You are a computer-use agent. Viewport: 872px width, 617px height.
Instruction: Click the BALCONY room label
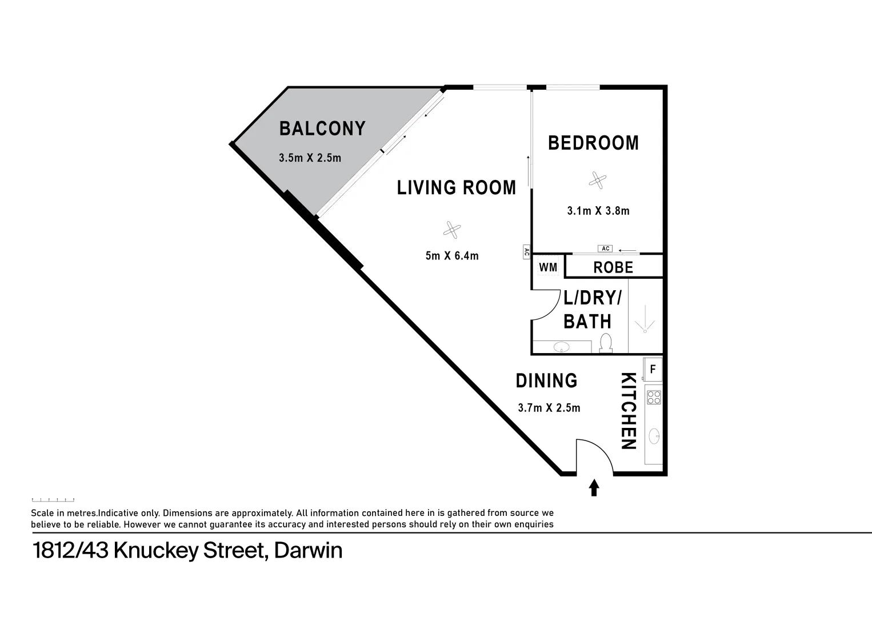(322, 129)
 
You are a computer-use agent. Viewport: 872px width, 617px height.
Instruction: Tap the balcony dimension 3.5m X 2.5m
(310, 158)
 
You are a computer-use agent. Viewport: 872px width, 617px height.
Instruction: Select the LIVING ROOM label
(456, 188)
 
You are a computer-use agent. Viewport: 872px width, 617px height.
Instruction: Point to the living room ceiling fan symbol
(451, 230)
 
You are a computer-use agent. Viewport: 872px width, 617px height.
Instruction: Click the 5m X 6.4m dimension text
(451, 256)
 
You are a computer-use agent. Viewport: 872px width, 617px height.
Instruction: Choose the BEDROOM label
(593, 143)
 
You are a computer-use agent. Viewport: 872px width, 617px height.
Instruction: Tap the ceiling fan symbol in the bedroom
(597, 181)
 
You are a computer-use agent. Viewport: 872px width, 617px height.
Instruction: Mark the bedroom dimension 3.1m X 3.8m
(598, 211)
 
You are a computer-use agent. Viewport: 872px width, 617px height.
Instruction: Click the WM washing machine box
(548, 267)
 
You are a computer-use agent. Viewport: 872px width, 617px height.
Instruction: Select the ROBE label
(613, 267)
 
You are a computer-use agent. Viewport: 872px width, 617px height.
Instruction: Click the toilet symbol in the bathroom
(606, 343)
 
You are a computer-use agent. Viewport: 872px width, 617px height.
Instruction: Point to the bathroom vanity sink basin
(562, 347)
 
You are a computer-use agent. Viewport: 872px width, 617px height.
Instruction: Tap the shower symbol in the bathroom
(645, 319)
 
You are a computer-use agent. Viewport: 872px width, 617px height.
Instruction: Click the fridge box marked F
(653, 370)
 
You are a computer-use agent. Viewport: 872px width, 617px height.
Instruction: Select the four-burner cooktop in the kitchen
(653, 397)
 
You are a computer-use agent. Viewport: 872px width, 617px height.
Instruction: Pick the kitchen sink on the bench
(654, 436)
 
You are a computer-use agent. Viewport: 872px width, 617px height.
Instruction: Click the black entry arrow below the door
(594, 487)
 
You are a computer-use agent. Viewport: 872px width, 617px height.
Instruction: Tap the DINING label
(546, 381)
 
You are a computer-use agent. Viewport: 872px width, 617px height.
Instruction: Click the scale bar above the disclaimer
(53, 500)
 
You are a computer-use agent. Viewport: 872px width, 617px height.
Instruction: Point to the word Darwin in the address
(308, 551)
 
